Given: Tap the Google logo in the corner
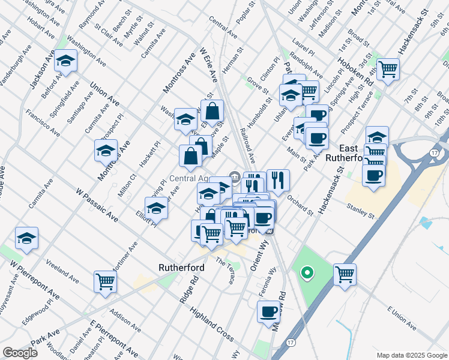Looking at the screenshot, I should tap(20, 353).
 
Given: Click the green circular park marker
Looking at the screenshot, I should tap(307, 274).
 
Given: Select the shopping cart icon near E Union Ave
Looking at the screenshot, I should tap(345, 275).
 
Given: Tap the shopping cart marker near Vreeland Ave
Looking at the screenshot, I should tap(105, 281).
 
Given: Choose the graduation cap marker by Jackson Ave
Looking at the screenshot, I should tap(65, 61).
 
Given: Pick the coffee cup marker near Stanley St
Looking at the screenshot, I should tap(374, 175).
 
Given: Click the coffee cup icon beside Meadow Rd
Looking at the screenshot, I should tap(269, 311).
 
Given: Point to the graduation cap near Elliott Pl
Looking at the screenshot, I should tap(156, 208).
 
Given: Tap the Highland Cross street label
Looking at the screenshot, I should tap(211, 322).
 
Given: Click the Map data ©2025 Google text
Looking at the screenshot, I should tap(411, 355).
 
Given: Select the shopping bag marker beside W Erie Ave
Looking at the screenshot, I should tap(212, 111).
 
